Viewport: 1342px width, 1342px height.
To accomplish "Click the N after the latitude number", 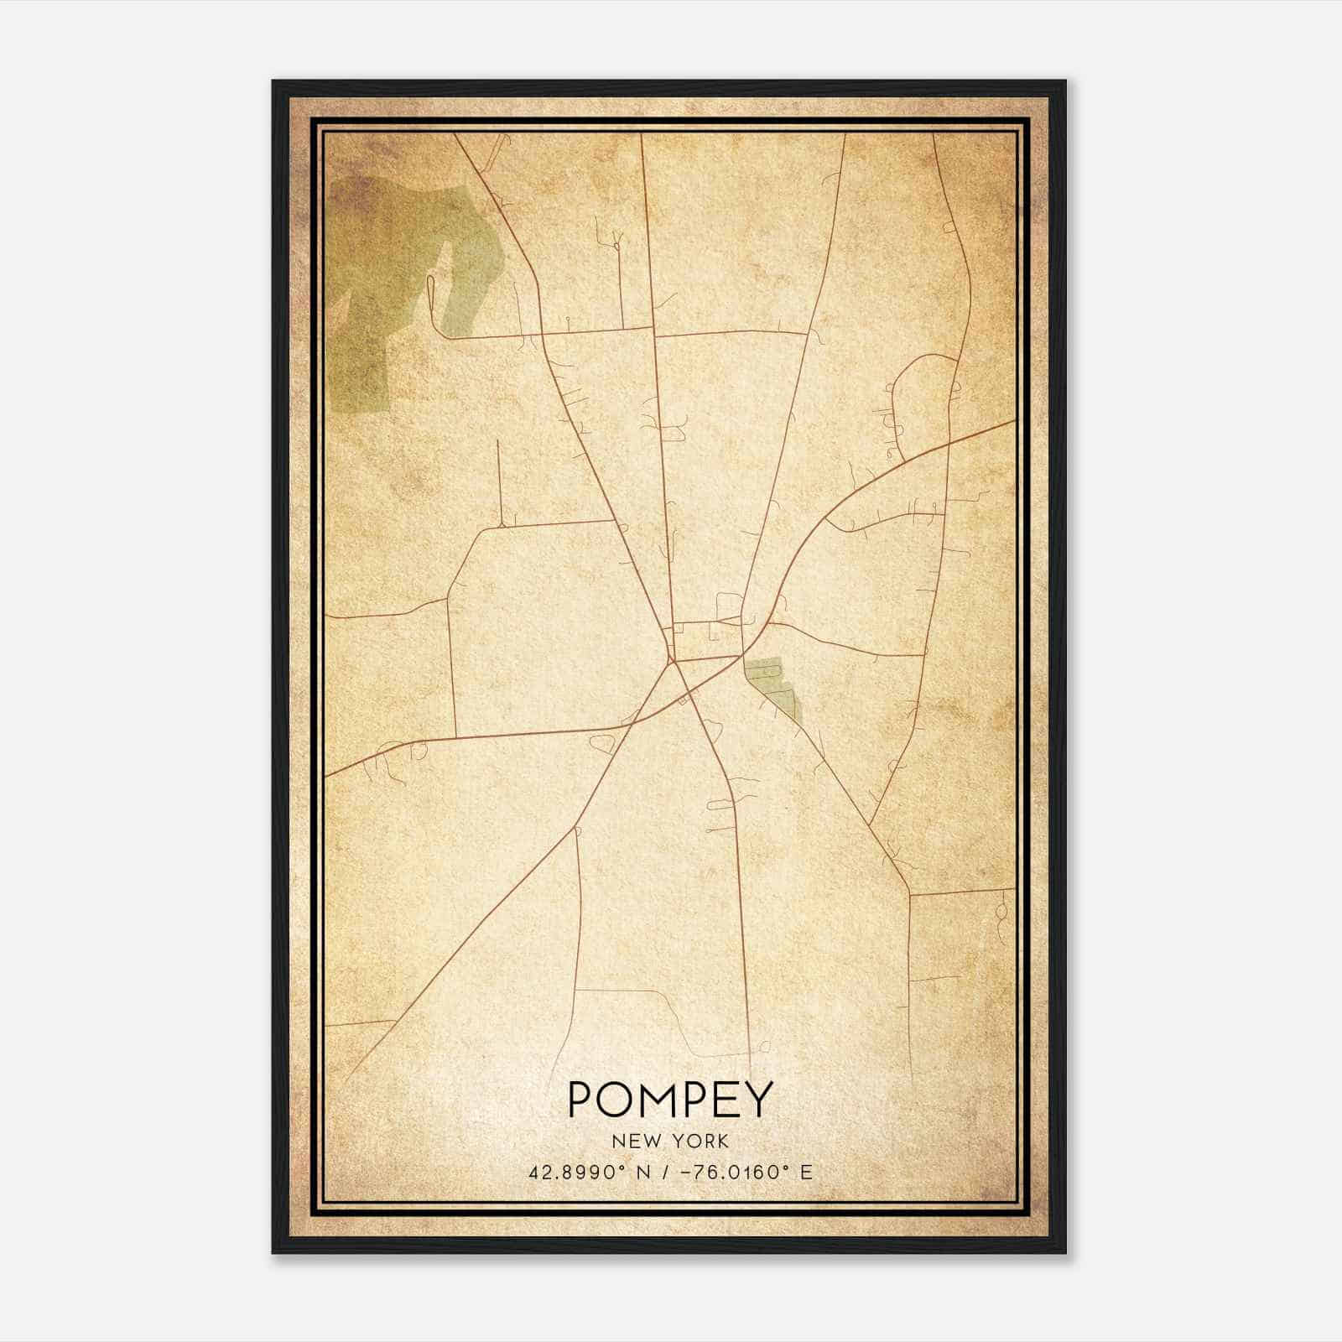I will click(x=644, y=1172).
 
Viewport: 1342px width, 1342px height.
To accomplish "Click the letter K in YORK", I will click(x=723, y=1142).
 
